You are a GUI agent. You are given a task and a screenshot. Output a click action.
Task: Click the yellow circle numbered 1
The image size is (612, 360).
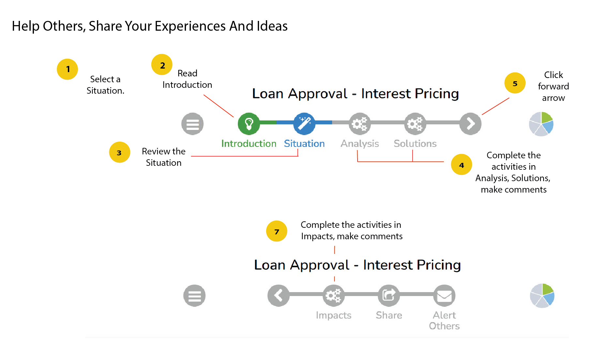(x=67, y=69)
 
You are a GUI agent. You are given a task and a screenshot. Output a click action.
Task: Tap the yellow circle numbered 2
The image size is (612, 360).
(x=162, y=65)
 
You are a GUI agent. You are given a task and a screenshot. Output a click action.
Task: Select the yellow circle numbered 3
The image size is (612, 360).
(x=119, y=152)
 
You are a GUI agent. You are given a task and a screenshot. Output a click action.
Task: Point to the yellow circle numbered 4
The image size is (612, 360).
(x=461, y=164)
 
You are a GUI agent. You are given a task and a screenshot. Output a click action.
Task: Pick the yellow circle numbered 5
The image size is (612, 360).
(x=515, y=83)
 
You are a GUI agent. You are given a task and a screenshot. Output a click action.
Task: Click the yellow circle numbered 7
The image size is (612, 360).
(x=277, y=231)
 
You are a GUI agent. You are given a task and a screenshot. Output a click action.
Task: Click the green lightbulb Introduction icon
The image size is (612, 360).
(x=249, y=124)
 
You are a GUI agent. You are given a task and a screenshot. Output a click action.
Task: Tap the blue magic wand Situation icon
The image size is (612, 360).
(x=304, y=124)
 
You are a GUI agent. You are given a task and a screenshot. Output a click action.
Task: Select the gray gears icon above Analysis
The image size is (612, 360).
(x=360, y=124)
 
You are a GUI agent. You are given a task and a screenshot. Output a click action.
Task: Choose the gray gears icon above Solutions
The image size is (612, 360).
(x=415, y=124)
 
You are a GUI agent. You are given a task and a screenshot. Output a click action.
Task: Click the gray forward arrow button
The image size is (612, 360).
(x=470, y=124)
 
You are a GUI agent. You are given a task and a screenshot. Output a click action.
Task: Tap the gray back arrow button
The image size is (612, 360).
(x=278, y=295)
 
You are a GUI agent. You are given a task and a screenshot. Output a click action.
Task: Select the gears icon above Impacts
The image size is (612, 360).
(x=333, y=295)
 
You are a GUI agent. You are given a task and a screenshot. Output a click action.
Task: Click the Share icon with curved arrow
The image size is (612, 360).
(x=389, y=295)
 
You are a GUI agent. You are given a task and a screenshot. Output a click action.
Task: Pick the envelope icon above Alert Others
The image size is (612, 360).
(x=444, y=295)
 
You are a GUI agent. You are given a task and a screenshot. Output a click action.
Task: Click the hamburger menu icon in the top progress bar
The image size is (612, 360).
(x=192, y=124)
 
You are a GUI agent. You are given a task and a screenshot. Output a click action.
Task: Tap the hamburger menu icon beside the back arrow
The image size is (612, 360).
(x=194, y=295)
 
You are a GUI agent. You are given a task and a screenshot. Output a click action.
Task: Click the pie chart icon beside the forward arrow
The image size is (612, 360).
(x=541, y=124)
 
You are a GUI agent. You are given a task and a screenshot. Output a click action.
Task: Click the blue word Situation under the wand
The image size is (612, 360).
(x=304, y=144)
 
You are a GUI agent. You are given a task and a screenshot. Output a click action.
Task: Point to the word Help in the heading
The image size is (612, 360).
(x=26, y=26)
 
